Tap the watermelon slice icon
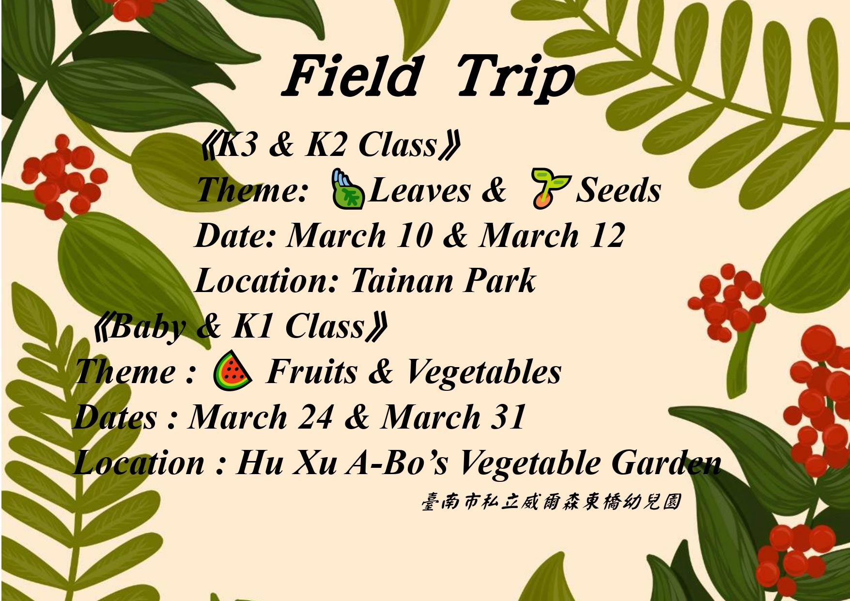(232, 370)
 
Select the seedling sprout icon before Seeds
(550, 188)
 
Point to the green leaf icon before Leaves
(347, 189)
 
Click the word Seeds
(618, 190)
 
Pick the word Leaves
(419, 190)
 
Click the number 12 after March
(607, 235)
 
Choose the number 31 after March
(508, 416)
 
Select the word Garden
(666, 462)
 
